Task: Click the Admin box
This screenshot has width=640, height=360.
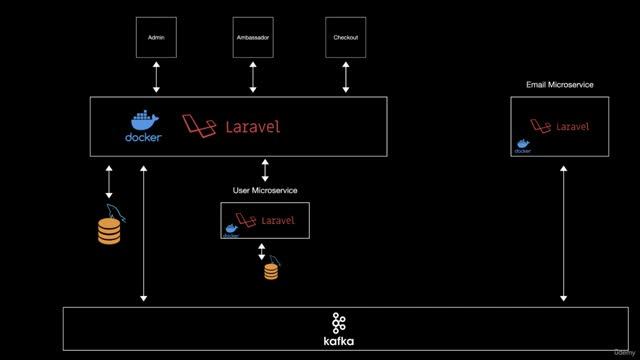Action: (x=156, y=37)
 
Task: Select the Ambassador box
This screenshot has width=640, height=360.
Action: (x=252, y=37)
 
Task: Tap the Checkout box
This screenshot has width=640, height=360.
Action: (x=345, y=37)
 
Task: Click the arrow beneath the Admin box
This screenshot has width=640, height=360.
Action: (x=156, y=76)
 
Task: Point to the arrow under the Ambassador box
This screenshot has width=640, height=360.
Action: (x=252, y=76)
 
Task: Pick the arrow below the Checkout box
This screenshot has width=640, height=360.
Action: (x=345, y=76)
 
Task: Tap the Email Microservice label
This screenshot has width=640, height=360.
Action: (x=560, y=85)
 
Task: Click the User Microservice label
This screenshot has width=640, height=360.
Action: (x=265, y=190)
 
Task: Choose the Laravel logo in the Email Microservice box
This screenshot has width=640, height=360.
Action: (x=560, y=126)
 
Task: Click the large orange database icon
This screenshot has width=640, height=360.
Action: (x=109, y=231)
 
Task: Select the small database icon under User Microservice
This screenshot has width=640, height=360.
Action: (x=271, y=271)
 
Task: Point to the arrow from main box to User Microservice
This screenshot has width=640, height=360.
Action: (x=265, y=169)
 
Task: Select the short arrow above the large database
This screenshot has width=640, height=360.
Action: (x=109, y=182)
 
